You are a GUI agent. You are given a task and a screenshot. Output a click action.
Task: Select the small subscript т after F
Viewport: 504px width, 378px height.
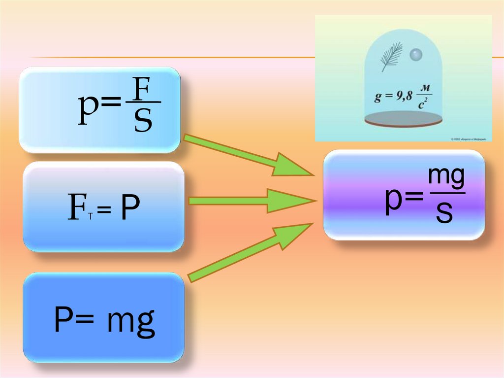point(91,217)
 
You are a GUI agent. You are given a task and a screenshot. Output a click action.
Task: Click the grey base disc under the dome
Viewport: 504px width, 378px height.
point(403,118)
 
